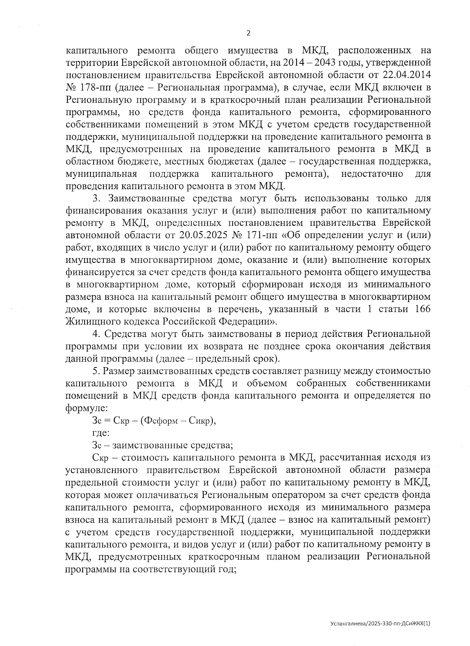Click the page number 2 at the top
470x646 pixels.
tap(248, 33)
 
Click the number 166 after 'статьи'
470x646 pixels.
tap(422, 309)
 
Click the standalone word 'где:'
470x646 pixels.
tap(101, 433)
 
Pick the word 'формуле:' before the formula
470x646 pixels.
tap(81, 408)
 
